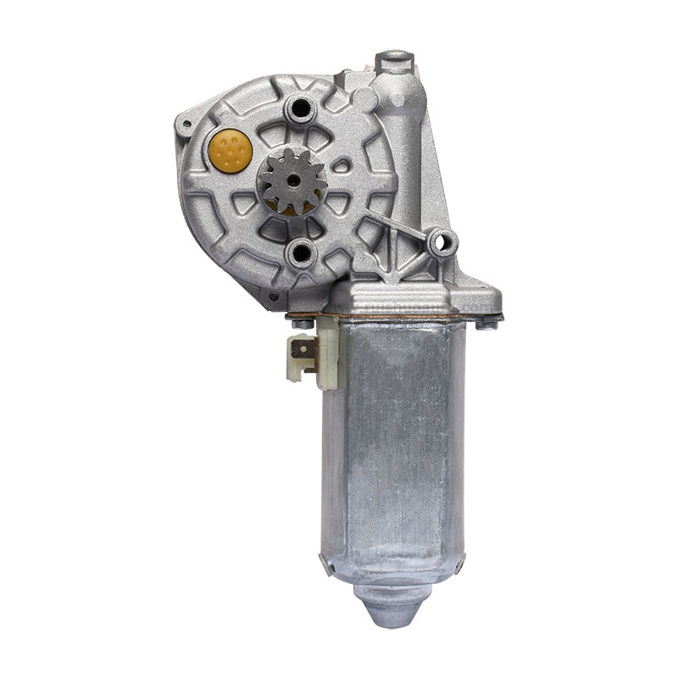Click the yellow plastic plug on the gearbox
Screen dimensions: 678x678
[230, 150]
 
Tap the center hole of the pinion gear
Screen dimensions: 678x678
[291, 181]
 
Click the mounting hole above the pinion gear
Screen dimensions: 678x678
[299, 108]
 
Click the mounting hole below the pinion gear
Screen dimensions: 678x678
[299, 251]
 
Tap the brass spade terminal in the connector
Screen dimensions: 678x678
[301, 348]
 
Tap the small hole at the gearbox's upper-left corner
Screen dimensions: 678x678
[181, 127]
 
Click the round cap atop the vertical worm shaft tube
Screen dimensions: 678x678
[396, 61]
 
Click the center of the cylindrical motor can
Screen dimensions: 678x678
[398, 441]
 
